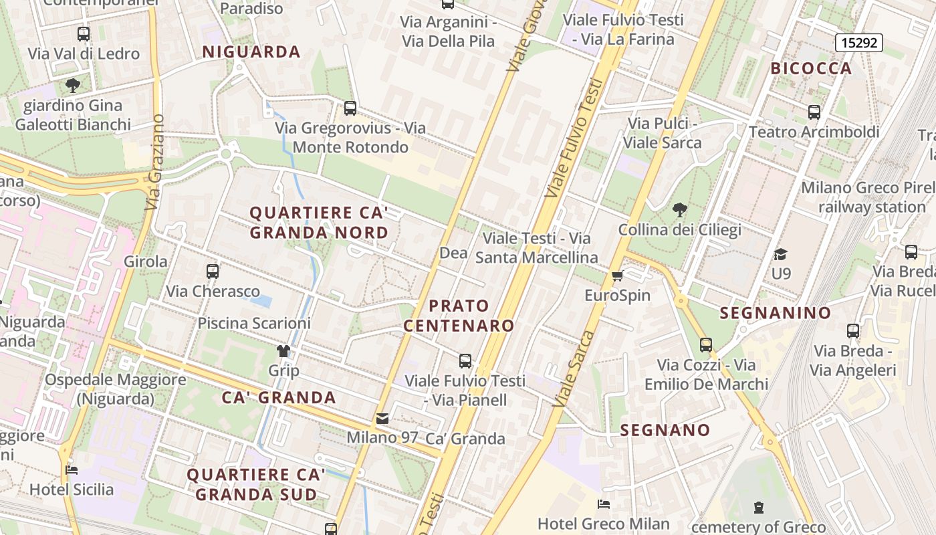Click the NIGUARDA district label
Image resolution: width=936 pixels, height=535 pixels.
pos(251,51)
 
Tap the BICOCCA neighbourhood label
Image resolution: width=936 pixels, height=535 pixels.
pos(811,68)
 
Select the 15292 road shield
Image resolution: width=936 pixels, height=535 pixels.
pos(859,43)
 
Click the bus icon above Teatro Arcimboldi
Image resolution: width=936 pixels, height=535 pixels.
pos(814,112)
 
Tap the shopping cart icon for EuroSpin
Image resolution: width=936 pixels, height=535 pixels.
pos(617,276)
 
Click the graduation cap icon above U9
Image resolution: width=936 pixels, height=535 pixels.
pos(780,254)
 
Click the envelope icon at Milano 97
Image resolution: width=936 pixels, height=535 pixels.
pos(382,419)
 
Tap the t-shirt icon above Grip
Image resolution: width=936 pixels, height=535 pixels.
pos(283,351)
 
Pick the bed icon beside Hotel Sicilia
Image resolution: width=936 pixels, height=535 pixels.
pos(72,469)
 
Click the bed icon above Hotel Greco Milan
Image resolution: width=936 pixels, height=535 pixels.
pos(604,504)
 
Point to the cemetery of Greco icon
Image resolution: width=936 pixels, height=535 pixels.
pos(758,508)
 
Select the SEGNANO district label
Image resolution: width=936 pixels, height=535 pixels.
pos(665,430)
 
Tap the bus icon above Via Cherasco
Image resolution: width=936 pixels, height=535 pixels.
pos(213,271)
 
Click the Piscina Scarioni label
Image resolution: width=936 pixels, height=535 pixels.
pos(254,324)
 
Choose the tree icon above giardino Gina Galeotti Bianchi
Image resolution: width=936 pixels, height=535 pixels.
pos(73,86)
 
